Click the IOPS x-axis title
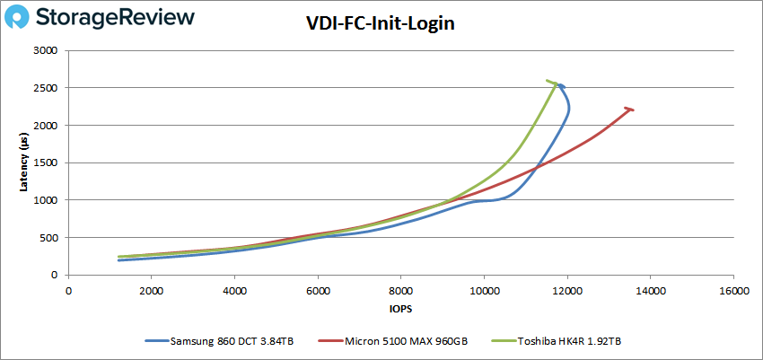(400, 309)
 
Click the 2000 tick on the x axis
(151, 291)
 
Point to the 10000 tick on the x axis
(484, 291)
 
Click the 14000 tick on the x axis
(650, 291)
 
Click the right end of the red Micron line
(633, 110)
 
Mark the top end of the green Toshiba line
(548, 81)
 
